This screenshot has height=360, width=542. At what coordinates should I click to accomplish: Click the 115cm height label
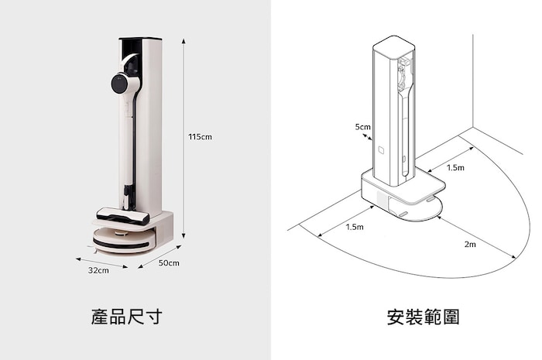[x=200, y=137]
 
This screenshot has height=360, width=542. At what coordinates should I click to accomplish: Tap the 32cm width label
[x=98, y=270]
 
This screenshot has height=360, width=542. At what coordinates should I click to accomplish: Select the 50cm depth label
[x=169, y=263]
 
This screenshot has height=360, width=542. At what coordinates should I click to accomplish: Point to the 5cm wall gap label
[x=362, y=126]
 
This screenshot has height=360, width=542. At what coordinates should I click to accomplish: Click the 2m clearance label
[x=470, y=245]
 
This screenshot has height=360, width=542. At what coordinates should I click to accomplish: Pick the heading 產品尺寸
[x=125, y=317]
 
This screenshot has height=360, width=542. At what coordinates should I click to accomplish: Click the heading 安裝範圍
[x=423, y=317]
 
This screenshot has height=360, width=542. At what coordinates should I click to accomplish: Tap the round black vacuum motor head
[x=121, y=84]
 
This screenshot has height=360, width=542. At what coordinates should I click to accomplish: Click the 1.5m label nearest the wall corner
[x=455, y=167]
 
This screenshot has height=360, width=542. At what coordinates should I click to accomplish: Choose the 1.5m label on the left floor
[x=355, y=227]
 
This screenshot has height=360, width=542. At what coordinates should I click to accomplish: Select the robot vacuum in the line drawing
[x=417, y=207]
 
